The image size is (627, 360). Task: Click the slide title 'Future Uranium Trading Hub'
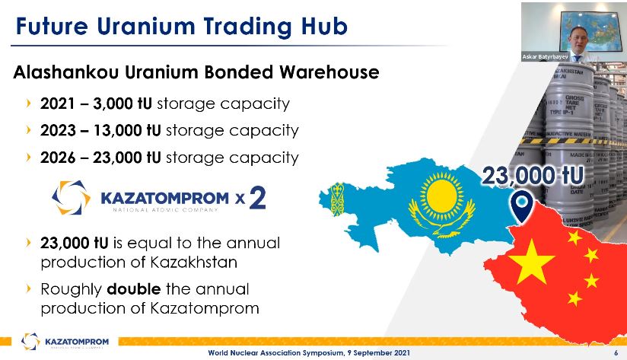182,27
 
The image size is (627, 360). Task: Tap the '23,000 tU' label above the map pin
533,177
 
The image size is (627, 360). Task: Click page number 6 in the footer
614,352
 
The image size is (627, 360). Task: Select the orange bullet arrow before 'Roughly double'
29,290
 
